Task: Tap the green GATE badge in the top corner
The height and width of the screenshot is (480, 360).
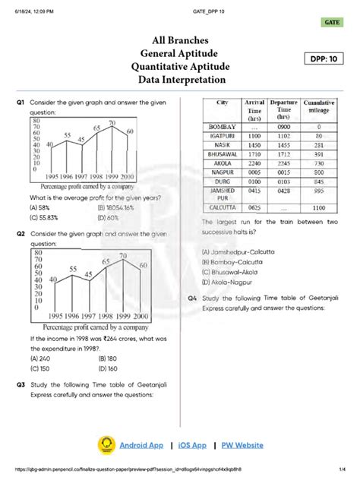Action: tap(331, 24)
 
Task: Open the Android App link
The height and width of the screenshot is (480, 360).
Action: tap(141, 444)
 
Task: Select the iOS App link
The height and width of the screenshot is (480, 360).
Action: tap(192, 444)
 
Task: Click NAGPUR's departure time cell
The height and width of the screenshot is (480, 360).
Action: tap(283, 172)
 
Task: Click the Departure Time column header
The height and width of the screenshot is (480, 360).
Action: tap(283, 109)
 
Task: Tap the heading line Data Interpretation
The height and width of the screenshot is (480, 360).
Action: tap(182, 80)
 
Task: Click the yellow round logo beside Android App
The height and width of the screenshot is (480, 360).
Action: tap(106, 445)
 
